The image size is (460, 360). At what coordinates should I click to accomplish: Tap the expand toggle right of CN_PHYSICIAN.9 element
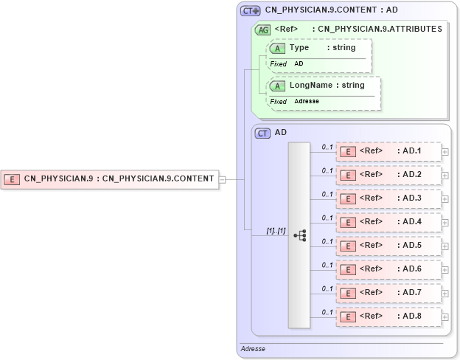click(x=222, y=179)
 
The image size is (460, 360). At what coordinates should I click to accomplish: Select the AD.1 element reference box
click(x=388, y=151)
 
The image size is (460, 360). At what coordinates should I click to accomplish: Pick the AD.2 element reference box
click(x=388, y=175)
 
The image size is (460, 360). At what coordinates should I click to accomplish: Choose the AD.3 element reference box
click(x=388, y=198)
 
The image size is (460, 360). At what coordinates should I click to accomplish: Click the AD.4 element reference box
click(x=388, y=222)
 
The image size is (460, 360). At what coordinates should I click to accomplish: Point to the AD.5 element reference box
click(x=388, y=246)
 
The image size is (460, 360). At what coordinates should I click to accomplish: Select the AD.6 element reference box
click(x=388, y=269)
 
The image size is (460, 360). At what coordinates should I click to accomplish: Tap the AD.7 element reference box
click(x=388, y=293)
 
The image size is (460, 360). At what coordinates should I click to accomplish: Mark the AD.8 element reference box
click(x=388, y=316)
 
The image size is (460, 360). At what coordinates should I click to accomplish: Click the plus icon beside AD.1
click(x=445, y=152)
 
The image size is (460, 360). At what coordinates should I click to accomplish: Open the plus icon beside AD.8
click(x=445, y=317)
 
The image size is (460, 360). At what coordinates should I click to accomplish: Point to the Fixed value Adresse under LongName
click(x=307, y=101)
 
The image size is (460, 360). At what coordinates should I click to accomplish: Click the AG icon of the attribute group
click(x=262, y=30)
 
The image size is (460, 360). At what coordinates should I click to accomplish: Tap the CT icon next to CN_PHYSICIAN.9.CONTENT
click(x=251, y=11)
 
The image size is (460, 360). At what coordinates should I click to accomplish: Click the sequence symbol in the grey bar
click(x=299, y=235)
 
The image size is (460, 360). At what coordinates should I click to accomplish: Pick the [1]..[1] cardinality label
click(x=276, y=231)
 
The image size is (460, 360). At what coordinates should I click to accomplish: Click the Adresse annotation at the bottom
click(x=253, y=348)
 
